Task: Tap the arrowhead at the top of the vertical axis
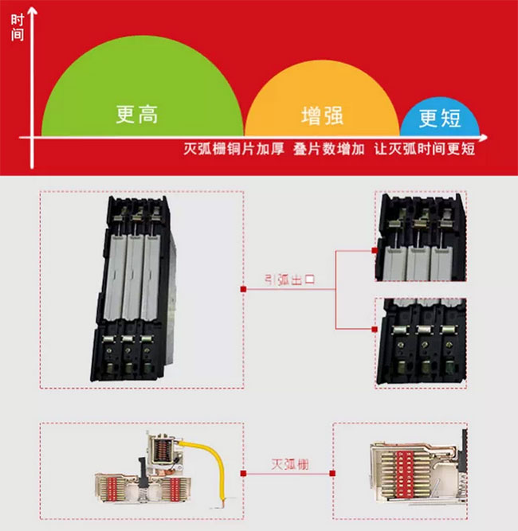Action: click(x=33, y=10)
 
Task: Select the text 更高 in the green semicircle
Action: click(x=137, y=115)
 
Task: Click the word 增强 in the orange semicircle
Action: click(x=322, y=115)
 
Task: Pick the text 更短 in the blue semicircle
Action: click(x=439, y=119)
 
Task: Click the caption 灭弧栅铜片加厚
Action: click(x=233, y=150)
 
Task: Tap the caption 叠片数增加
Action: click(x=328, y=150)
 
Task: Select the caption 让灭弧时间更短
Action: click(x=424, y=150)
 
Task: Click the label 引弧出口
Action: click(x=290, y=279)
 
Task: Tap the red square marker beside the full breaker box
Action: click(x=243, y=290)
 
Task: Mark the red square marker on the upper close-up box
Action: click(x=375, y=250)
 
